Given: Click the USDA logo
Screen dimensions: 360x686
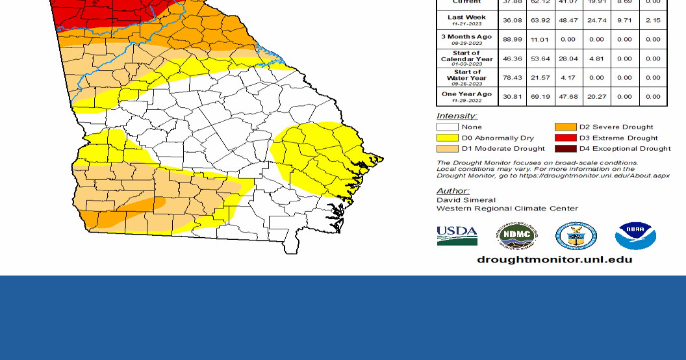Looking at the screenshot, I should (457, 235).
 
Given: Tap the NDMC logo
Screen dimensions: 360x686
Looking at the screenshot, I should (517, 236).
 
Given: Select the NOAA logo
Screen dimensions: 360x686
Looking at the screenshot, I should (635, 236).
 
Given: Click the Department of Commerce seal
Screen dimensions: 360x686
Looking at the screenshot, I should (576, 236).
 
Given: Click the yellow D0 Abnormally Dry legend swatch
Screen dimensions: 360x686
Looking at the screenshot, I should (447, 138).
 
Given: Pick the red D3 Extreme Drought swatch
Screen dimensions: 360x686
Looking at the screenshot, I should (565, 138).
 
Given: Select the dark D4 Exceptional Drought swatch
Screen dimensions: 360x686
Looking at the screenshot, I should (565, 148).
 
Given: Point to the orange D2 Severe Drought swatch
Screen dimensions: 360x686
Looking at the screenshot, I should (565, 127).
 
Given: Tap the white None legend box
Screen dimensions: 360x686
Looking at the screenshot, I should (447, 127).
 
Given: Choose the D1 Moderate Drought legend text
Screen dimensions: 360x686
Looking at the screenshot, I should (503, 149).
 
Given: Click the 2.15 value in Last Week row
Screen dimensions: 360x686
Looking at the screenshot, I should (653, 20).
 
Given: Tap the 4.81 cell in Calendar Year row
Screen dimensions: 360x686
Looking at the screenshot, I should (596, 58).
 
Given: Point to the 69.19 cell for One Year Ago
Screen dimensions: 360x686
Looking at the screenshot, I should (539, 96).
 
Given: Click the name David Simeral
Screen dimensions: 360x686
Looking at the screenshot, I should (466, 200).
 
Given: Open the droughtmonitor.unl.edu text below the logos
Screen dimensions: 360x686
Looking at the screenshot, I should (554, 259).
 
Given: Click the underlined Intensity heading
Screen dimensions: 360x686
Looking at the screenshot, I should (457, 116).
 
